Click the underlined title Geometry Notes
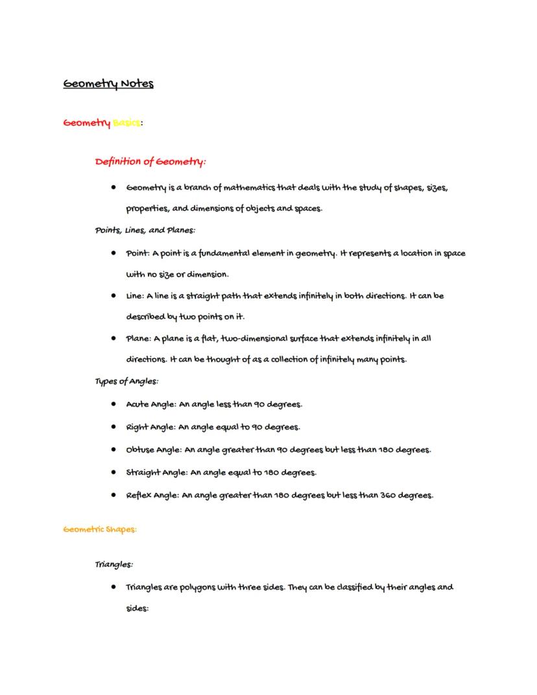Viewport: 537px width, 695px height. pos(108,84)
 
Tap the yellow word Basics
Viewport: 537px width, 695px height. pos(126,123)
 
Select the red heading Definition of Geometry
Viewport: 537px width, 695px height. pos(150,161)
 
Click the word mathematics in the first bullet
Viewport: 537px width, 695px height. pos(250,188)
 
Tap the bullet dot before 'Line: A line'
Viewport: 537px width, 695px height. pos(113,296)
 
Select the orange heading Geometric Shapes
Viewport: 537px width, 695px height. pos(100,530)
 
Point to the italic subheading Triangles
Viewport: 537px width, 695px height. pos(114,565)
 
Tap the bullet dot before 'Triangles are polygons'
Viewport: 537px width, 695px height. pos(113,587)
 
